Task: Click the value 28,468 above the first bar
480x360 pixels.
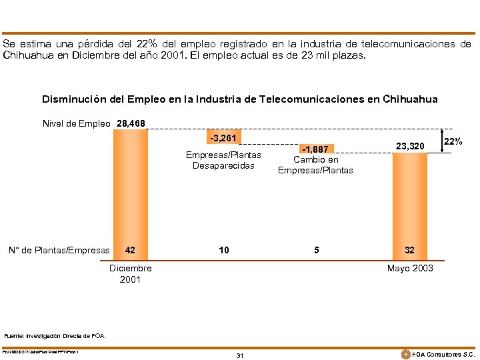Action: coord(131,123)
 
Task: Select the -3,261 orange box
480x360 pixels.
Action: coord(223,138)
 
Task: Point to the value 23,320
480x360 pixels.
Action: coord(409,146)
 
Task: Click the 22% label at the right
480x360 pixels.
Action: coord(453,142)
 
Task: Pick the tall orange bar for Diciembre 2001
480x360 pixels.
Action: coord(131,187)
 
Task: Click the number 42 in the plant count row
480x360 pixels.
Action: coord(131,250)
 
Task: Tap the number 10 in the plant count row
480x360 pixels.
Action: coord(223,250)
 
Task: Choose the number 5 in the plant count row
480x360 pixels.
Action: coord(316,250)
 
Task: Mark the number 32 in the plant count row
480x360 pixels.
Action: coord(409,250)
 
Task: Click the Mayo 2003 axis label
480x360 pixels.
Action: coord(409,268)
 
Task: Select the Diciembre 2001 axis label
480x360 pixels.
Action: coord(131,273)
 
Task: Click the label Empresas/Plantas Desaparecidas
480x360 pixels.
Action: coord(223,160)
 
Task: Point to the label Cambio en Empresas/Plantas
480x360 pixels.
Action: coord(316,165)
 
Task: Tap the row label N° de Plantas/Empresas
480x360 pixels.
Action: coord(58,250)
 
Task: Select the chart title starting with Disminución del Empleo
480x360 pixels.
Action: coord(240,99)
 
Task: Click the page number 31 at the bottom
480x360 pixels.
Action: coord(240,355)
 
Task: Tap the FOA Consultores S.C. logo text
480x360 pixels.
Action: coord(443,354)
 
